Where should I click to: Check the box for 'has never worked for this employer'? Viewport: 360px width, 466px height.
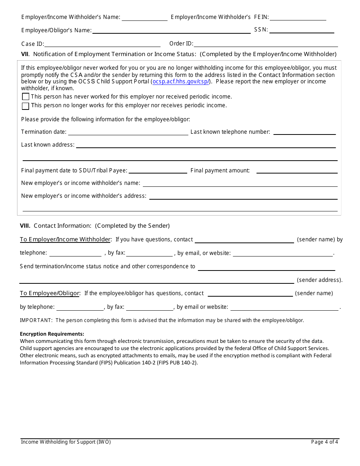(x=25, y=97)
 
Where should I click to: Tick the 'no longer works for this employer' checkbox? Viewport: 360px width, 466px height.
(x=25, y=106)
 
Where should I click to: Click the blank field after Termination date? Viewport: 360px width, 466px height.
(x=128, y=132)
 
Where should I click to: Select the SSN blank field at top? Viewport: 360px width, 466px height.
(x=302, y=30)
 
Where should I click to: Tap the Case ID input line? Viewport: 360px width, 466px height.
(x=103, y=44)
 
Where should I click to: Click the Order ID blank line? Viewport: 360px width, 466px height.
(x=266, y=44)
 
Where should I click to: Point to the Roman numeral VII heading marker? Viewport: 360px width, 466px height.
(x=24, y=54)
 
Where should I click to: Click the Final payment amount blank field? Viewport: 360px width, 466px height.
(x=297, y=170)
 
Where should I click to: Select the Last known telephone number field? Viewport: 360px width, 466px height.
(x=304, y=132)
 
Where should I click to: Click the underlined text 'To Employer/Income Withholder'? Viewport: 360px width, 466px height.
(x=65, y=239)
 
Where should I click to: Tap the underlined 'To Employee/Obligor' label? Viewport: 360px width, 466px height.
(x=50, y=293)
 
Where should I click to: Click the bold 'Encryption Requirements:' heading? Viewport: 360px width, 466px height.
(x=52, y=334)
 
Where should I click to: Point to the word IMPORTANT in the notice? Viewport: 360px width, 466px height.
(x=36, y=321)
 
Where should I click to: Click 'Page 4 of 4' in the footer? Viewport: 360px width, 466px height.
(x=324, y=442)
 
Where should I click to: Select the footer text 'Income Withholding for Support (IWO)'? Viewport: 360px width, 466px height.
(x=66, y=442)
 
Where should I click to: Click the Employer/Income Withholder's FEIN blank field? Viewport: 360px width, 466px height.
(x=298, y=17)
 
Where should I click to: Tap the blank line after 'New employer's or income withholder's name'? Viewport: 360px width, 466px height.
(x=240, y=183)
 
